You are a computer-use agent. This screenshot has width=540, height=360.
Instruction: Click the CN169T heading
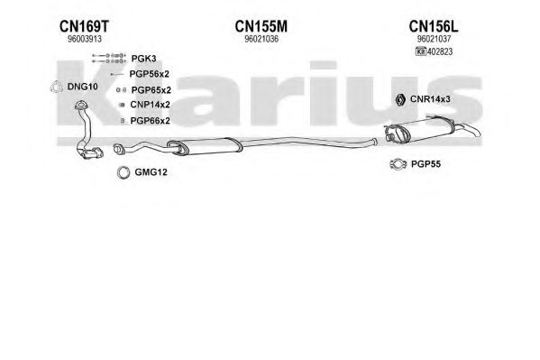click(x=84, y=26)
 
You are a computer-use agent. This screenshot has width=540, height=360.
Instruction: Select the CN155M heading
click(x=261, y=26)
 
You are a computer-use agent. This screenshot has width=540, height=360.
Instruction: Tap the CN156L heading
click(x=434, y=26)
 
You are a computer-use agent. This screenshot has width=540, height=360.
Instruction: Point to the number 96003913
click(x=85, y=39)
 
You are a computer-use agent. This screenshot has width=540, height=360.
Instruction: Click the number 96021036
click(x=261, y=39)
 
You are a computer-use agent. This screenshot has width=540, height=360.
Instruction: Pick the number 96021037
click(x=434, y=39)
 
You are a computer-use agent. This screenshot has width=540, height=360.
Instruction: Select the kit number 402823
click(x=440, y=51)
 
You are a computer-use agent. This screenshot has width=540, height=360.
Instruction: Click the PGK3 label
click(x=143, y=59)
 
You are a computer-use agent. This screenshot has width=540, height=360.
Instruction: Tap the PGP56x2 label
click(x=149, y=74)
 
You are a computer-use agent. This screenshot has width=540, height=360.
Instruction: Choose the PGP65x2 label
click(x=151, y=90)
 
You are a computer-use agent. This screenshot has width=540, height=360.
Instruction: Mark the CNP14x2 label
click(x=151, y=105)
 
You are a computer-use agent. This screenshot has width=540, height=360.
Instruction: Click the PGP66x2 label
click(x=151, y=121)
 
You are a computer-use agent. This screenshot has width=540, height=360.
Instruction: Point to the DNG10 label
click(x=83, y=87)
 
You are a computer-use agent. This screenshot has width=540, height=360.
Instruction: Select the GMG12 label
click(x=151, y=172)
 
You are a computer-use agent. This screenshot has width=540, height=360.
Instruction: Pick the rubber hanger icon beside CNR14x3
click(x=400, y=99)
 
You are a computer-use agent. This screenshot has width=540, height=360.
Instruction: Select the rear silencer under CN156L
click(x=432, y=129)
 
